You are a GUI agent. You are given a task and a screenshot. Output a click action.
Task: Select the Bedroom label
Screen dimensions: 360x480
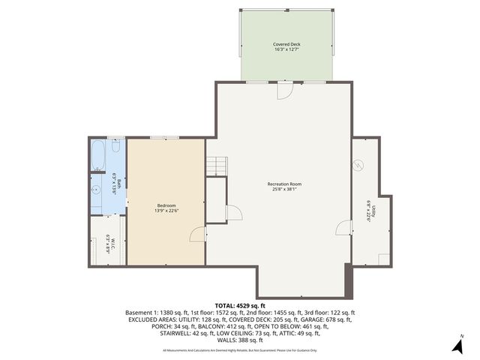pos(166,205)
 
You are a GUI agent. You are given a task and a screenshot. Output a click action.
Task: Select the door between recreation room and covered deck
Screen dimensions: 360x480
pos(283,89)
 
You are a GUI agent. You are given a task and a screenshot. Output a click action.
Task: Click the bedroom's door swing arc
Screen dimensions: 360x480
pos(197,235)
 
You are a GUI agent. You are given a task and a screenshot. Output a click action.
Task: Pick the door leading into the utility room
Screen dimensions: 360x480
pos(346,228)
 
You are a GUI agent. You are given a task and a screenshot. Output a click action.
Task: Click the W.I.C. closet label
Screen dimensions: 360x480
pos(109,244)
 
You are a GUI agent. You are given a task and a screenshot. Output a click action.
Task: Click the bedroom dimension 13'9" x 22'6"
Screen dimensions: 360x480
pos(166,211)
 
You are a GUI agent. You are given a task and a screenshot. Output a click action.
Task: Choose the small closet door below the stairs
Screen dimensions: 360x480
pos(235,214)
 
